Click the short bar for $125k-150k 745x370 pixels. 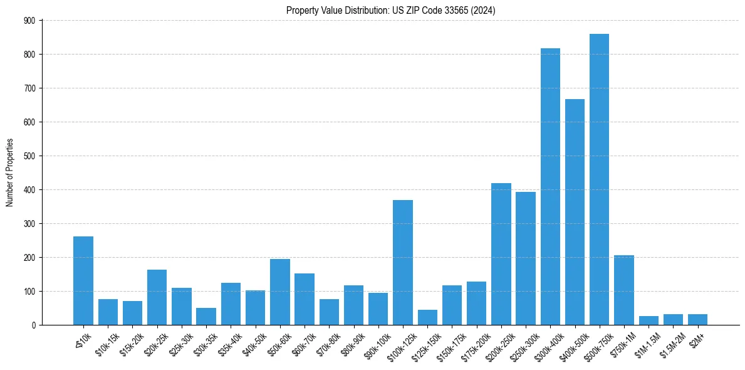(427, 317)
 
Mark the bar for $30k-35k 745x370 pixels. (206, 316)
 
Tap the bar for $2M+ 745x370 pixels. (697, 319)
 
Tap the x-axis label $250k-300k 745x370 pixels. (522, 344)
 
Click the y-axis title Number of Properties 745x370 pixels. (10, 172)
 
